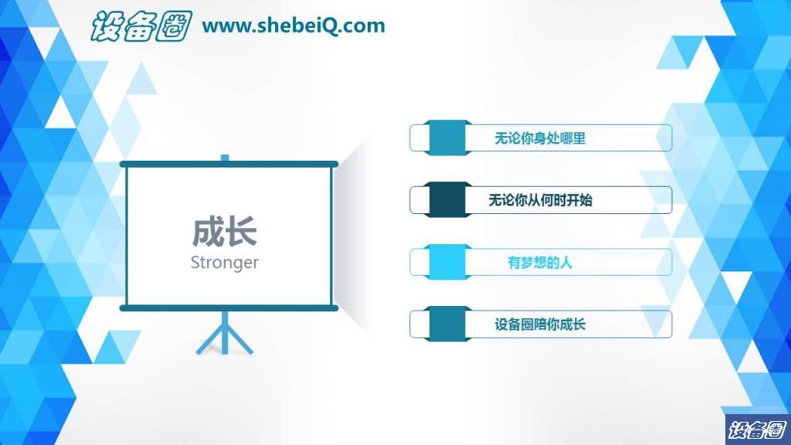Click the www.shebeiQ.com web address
click(x=293, y=25)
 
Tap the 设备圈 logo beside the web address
click(x=141, y=25)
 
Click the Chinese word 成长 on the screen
click(x=225, y=232)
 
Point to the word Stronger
click(x=225, y=263)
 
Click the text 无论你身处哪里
click(x=540, y=138)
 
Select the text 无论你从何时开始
click(x=540, y=200)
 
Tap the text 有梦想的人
click(x=540, y=263)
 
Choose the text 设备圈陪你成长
click(x=540, y=324)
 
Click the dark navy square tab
click(x=447, y=200)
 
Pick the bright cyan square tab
click(x=447, y=262)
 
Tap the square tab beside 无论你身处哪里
click(x=447, y=138)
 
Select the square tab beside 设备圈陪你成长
click(x=447, y=324)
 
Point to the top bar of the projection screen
click(x=229, y=164)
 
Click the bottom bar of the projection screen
click(x=229, y=307)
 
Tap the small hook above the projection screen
click(x=225, y=158)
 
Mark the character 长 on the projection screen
click(x=242, y=232)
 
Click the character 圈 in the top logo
click(x=174, y=26)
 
